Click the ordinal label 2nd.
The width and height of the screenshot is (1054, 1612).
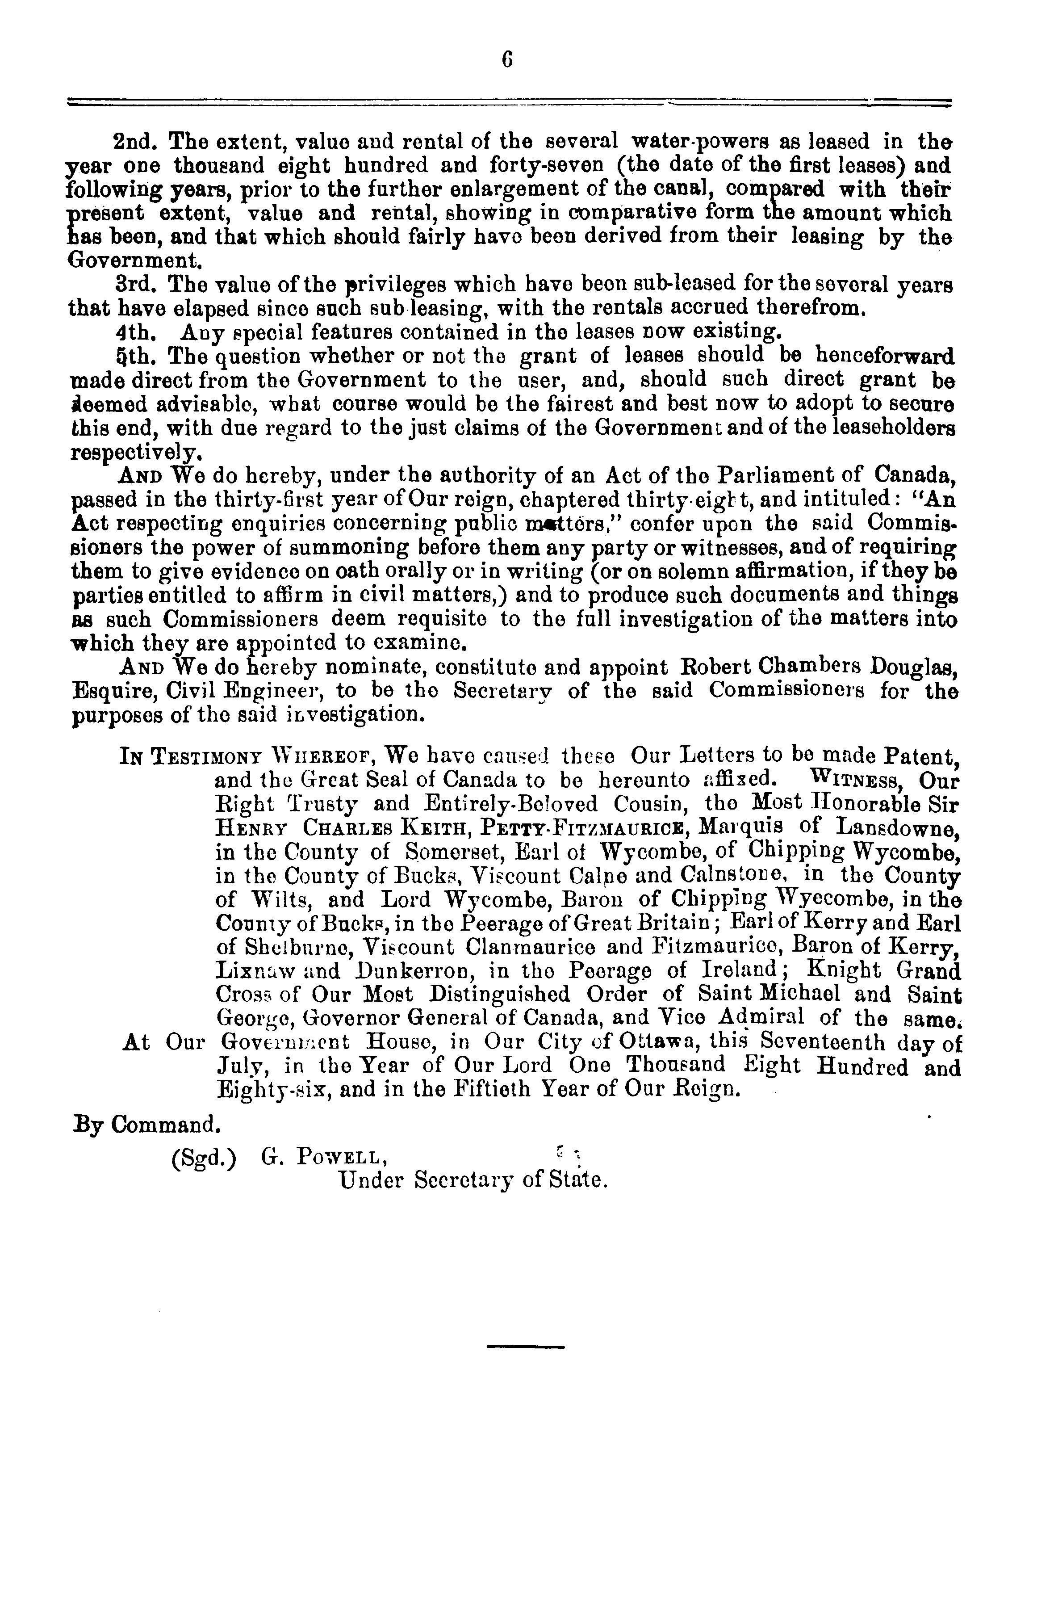tap(135, 142)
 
